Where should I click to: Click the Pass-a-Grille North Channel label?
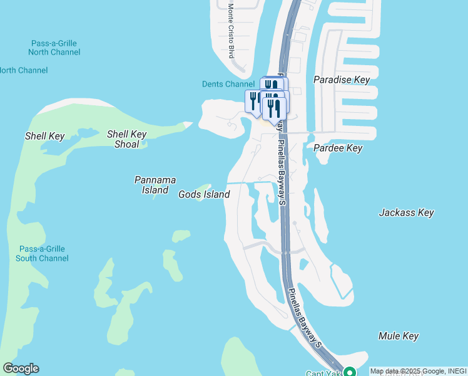pos(56,48)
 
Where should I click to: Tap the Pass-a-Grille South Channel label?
pos(41,254)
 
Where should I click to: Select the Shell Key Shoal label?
pos(127,138)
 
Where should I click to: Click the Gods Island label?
pos(204,195)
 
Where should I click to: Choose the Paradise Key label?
pos(342,80)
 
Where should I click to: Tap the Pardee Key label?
pos(338,149)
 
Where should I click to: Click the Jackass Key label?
pos(407,213)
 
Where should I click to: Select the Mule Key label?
pos(399,337)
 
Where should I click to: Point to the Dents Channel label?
pos(228,84)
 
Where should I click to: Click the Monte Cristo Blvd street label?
pos(231,31)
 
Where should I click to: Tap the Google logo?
pos(21,368)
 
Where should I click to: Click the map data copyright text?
pos(418,372)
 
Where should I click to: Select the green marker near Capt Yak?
pos(350,372)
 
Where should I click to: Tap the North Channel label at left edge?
pos(23,70)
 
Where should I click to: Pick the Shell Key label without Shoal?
pos(44,136)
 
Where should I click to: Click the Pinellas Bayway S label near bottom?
pos(305,318)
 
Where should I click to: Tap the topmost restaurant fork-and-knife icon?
pos(272,85)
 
